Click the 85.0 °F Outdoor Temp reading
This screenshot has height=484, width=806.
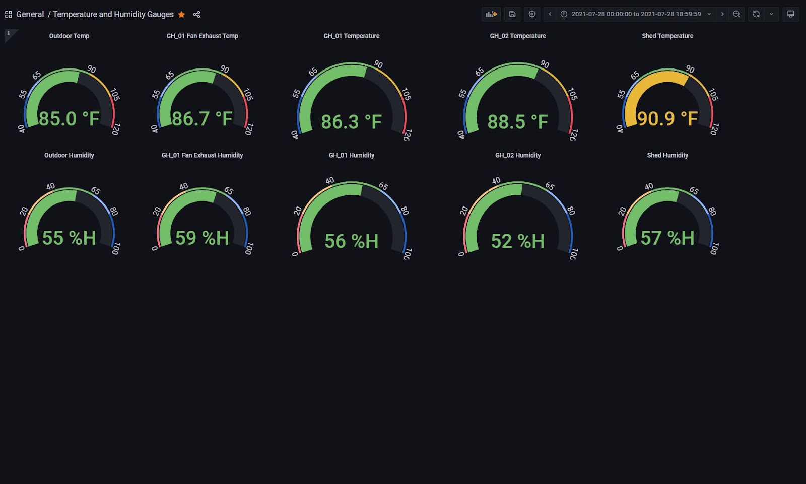(x=69, y=119)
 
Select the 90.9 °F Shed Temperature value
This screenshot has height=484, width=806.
(x=667, y=119)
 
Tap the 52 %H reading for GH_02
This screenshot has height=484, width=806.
(x=518, y=241)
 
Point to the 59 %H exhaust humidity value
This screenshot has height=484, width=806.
(x=202, y=238)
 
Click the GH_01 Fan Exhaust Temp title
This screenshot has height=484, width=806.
(x=202, y=36)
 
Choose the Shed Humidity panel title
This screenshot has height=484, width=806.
(x=667, y=155)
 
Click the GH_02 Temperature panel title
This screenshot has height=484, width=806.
(x=518, y=36)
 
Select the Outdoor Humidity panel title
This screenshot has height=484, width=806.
(x=69, y=155)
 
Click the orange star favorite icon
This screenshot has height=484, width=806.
(x=182, y=15)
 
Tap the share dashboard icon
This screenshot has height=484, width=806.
(x=197, y=15)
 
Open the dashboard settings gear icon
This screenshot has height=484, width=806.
(x=532, y=14)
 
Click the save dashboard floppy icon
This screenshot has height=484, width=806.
(x=512, y=14)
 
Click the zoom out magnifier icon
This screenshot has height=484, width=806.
(x=736, y=14)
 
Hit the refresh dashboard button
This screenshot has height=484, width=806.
(x=756, y=14)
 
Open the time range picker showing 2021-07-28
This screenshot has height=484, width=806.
(x=636, y=14)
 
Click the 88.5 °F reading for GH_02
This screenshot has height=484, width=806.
(x=518, y=122)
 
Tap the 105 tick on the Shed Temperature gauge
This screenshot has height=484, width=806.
(x=713, y=94)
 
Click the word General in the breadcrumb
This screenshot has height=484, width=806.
(x=30, y=15)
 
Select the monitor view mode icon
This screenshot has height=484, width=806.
(x=790, y=14)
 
